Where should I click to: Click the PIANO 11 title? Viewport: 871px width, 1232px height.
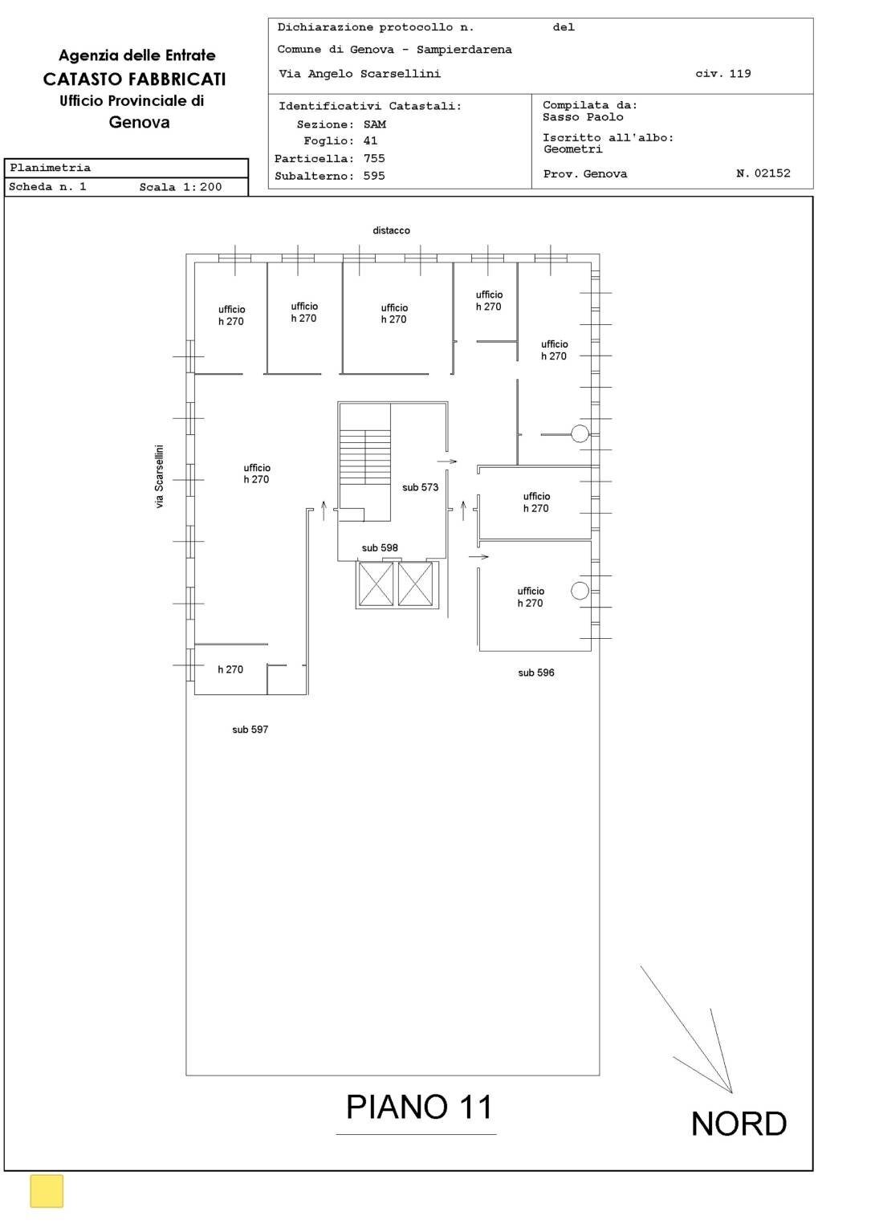(418, 1107)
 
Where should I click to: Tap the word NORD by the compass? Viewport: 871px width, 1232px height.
(739, 1124)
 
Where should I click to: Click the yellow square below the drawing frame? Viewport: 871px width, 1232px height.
(47, 1191)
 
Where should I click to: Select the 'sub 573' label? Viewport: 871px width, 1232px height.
(420, 487)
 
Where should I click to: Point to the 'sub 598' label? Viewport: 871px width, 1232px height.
(380, 548)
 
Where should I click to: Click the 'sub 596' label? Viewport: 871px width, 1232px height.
(535, 673)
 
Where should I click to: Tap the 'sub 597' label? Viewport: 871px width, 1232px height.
(250, 730)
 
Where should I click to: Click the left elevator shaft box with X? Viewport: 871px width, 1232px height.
(376, 583)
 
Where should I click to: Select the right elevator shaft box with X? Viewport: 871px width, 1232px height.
(415, 583)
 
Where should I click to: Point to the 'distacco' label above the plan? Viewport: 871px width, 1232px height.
(391, 230)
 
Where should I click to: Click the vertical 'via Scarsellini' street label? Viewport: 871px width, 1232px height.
(159, 477)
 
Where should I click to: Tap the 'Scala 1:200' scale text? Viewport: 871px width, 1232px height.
(181, 187)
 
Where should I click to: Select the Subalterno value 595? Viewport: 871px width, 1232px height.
(374, 176)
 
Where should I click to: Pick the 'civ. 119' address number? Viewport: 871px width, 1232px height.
(722, 74)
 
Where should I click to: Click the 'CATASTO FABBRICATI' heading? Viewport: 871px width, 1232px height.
(134, 79)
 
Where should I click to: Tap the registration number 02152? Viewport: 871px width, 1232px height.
(772, 173)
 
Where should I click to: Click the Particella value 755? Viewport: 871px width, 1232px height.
(374, 158)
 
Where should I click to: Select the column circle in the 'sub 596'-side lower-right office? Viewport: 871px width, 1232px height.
(580, 591)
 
